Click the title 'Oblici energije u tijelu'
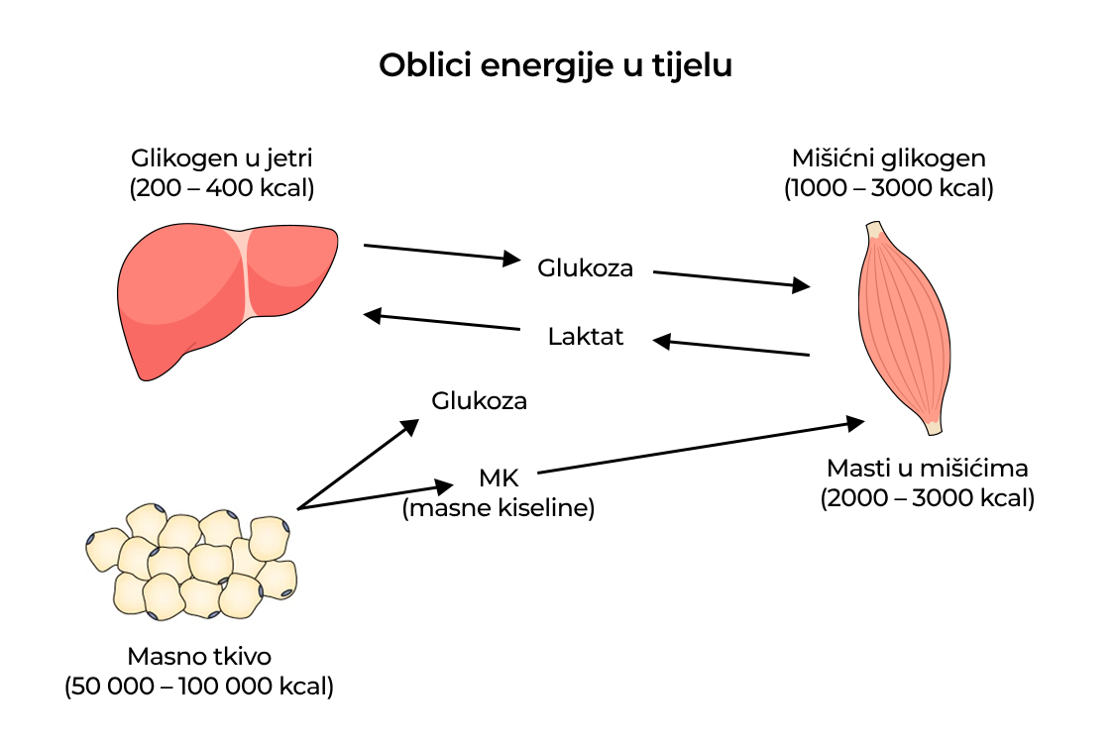[x=555, y=65]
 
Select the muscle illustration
[x=902, y=327]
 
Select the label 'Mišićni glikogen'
[x=888, y=158]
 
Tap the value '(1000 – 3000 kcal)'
[x=888, y=187]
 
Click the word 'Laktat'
[x=585, y=337]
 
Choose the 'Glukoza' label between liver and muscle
[x=585, y=267]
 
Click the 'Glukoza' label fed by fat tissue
[x=479, y=400]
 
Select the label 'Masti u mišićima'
[x=927, y=468]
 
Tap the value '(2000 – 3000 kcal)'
[x=927, y=497]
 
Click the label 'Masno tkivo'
[x=199, y=656]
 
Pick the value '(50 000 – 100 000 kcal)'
[x=199, y=686]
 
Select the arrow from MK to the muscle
[x=700, y=447]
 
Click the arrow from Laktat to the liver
[x=442, y=322]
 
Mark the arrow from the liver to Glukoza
[x=442, y=252]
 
